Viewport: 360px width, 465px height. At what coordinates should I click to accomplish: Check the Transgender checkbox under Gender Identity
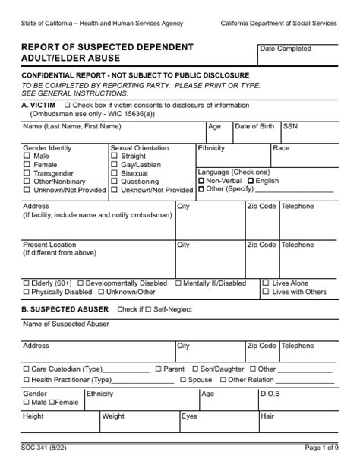(x=27, y=173)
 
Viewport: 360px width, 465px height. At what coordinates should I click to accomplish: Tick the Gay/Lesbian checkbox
(x=114, y=165)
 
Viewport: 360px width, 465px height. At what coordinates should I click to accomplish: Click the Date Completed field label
(x=286, y=49)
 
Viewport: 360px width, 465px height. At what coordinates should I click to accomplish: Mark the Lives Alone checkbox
(x=266, y=283)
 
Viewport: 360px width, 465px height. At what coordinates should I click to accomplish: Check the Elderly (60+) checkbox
(x=27, y=283)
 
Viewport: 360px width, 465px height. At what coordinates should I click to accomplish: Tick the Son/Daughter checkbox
(x=195, y=369)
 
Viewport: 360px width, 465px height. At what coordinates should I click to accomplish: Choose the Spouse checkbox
(x=183, y=380)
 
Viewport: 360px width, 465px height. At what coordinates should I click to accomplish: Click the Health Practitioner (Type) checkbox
(x=27, y=380)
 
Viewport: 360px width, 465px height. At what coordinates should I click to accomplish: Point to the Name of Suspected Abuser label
(x=66, y=324)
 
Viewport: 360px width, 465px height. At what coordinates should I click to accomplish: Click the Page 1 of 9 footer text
(x=321, y=449)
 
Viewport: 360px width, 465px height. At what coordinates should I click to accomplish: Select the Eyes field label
(x=189, y=416)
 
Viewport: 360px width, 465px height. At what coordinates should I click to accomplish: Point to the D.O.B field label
(x=270, y=394)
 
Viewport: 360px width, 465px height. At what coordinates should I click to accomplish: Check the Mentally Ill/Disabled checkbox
(x=178, y=283)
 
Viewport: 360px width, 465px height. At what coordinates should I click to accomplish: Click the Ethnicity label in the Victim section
(x=211, y=148)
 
